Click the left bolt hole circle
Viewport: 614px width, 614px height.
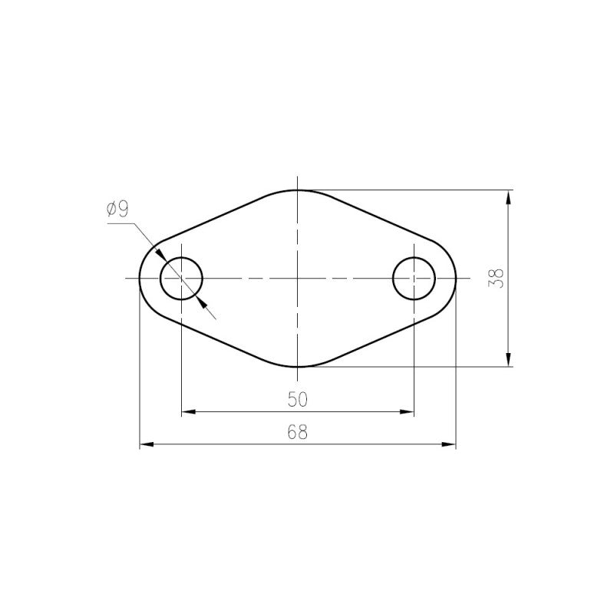click(x=160, y=279)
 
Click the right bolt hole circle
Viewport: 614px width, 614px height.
click(x=393, y=279)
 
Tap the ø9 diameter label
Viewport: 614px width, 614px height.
click(x=117, y=209)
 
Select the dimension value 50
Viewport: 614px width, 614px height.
click(x=298, y=399)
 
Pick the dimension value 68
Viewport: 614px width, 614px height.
click(x=298, y=432)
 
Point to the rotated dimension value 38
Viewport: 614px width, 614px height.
click(x=496, y=279)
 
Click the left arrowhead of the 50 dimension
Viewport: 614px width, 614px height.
click(x=188, y=412)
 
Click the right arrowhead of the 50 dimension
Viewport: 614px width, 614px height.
click(x=408, y=412)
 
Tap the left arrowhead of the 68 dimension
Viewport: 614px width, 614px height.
click(x=147, y=444)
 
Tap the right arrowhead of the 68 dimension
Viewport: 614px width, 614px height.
click(x=449, y=444)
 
